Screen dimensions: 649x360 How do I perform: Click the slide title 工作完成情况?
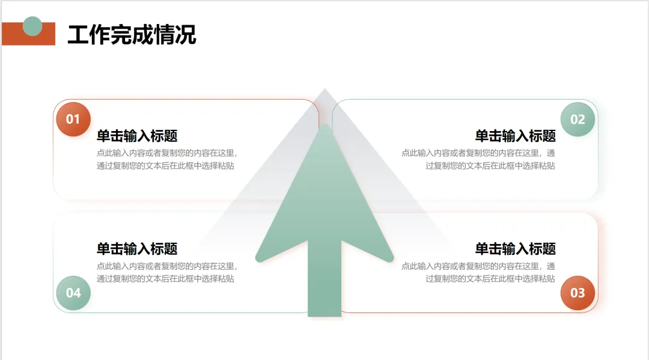point(132,34)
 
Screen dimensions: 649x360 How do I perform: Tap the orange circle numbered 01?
point(73,119)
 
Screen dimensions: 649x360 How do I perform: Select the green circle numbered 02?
point(577,119)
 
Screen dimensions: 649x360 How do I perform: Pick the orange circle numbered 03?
point(577,293)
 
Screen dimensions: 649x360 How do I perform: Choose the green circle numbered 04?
point(73,293)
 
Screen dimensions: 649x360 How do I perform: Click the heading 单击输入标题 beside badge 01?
point(137,136)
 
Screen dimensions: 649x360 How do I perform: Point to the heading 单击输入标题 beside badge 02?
point(515,136)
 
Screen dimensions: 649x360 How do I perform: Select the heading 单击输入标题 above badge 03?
point(515,249)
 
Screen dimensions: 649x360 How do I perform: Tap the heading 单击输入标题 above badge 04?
point(137,249)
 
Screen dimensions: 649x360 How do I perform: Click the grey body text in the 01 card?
point(166,159)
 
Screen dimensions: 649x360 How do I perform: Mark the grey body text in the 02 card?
point(478,159)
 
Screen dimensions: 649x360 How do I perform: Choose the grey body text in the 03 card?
point(478,272)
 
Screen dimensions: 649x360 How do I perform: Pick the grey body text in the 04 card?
point(166,272)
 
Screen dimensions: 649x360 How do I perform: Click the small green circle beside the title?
point(32,26)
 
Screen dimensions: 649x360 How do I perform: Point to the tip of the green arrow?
point(324,128)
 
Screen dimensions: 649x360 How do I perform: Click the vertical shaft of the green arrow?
point(324,282)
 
